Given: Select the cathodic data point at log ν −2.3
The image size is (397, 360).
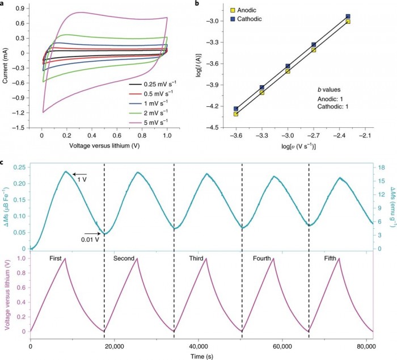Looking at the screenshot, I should click(x=348, y=16).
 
